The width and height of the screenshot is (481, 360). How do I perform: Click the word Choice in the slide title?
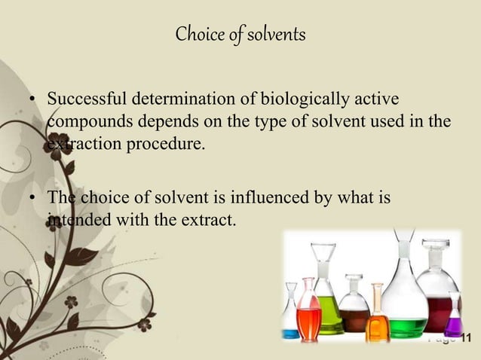195,35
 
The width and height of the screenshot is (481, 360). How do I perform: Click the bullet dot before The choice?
32,200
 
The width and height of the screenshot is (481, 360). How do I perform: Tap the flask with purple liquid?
453,326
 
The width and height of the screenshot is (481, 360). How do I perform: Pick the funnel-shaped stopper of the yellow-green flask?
326,264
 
